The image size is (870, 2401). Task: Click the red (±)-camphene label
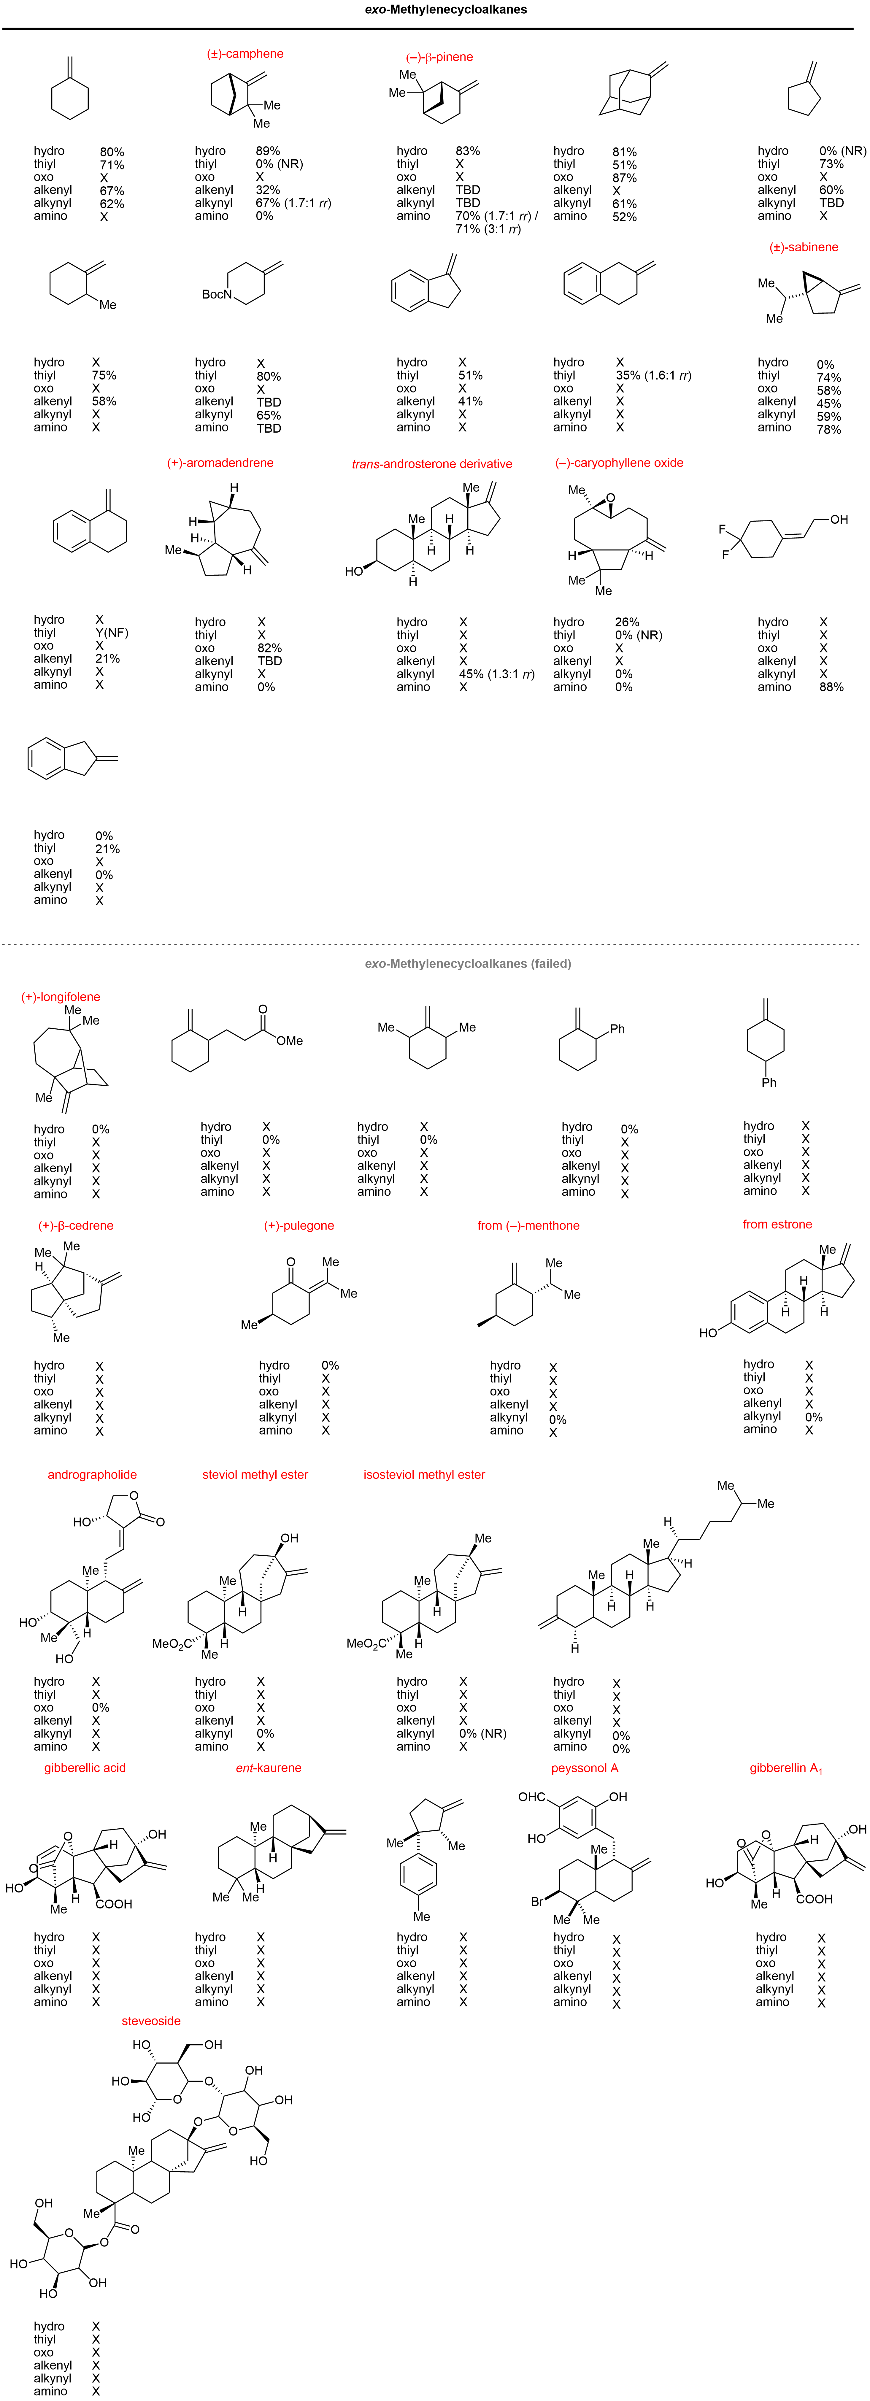pos(245,54)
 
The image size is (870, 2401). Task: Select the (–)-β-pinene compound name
pos(439,57)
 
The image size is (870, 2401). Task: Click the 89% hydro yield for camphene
pos(268,151)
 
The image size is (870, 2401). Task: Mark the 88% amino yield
pos(832,687)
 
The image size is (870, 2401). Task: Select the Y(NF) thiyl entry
pos(112,633)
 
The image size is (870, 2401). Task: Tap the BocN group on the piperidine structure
pos(217,295)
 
